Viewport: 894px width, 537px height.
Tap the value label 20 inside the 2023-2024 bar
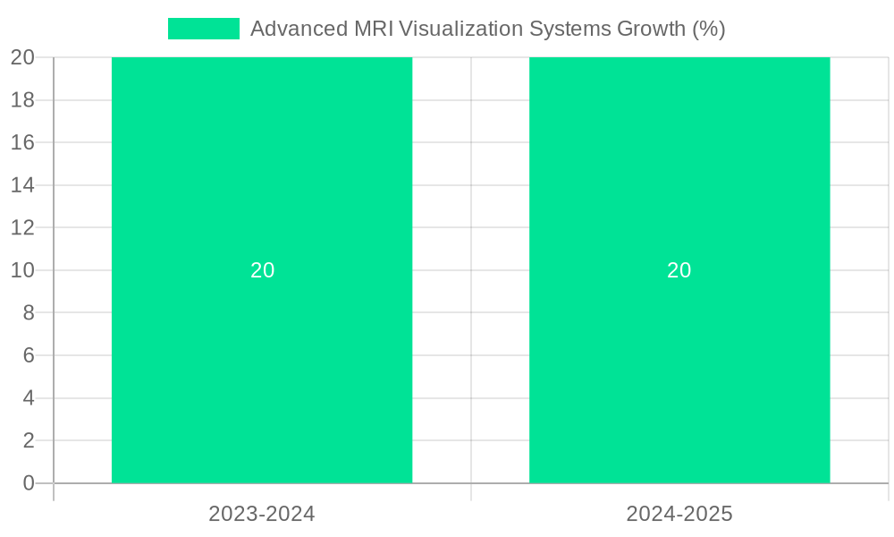[262, 270]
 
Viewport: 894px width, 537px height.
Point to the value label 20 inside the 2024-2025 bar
[679, 270]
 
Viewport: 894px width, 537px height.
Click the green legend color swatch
[204, 29]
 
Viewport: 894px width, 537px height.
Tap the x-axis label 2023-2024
[262, 514]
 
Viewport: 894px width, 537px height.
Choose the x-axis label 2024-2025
[679, 514]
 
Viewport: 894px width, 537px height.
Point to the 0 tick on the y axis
[29, 483]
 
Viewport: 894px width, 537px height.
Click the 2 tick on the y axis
[29, 440]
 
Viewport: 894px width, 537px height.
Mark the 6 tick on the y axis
[29, 355]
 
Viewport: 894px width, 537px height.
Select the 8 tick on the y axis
[29, 312]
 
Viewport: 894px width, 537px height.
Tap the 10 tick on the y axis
[22, 270]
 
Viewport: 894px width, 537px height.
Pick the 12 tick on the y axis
[22, 227]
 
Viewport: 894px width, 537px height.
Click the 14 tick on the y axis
[22, 185]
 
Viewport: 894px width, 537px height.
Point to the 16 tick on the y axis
[22, 142]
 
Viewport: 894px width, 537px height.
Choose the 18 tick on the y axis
[22, 100]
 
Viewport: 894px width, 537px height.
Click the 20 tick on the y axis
[22, 57]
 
